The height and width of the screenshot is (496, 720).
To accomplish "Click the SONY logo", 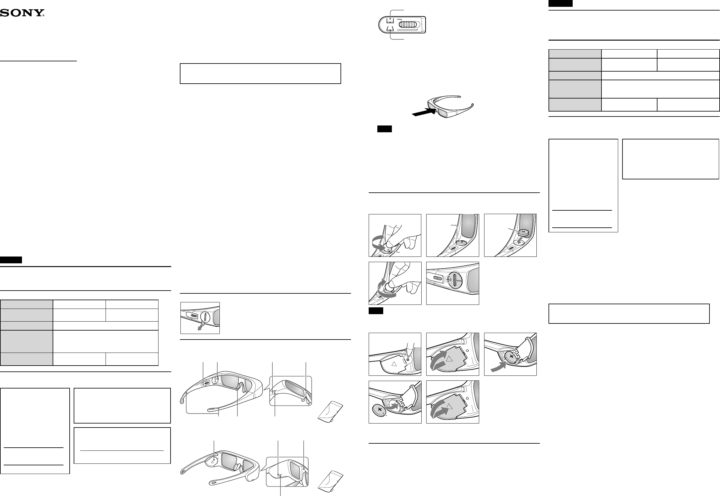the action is pos(22,13).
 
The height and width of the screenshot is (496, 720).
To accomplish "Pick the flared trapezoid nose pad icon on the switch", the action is pos(390,29).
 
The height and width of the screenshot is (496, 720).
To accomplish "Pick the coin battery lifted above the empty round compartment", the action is pos(523,231).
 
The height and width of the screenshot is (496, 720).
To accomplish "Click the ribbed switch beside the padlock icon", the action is pos(437,278).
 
